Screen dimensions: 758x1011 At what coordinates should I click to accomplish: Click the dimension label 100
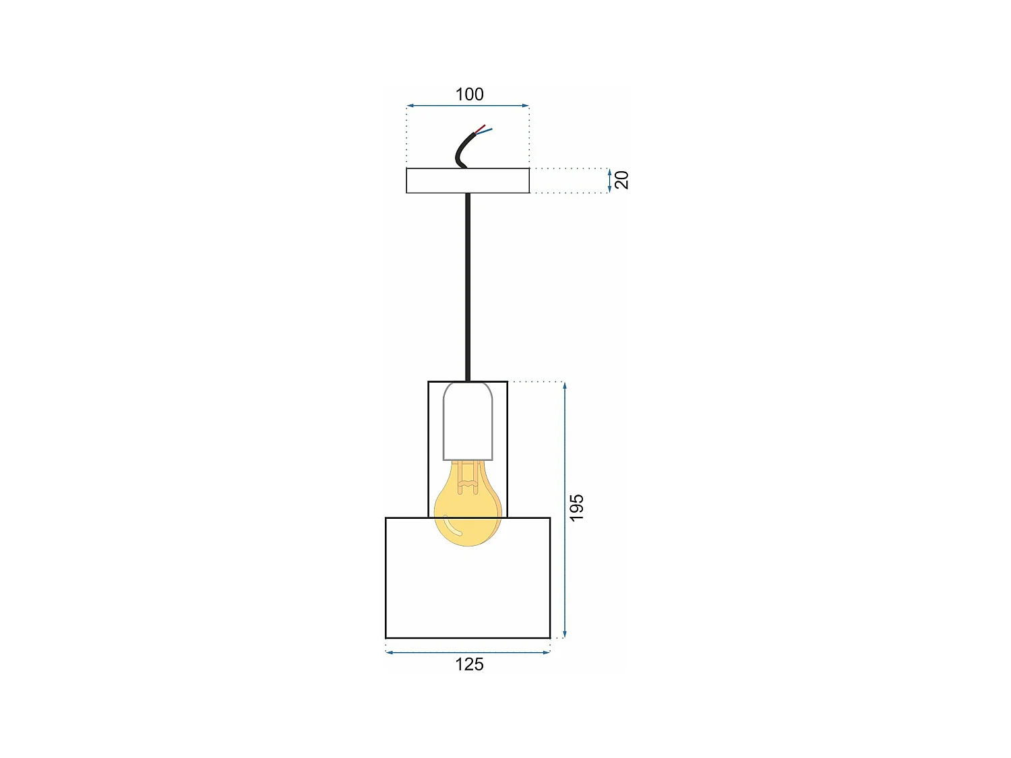(x=469, y=94)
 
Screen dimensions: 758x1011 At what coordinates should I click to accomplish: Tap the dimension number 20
(x=622, y=180)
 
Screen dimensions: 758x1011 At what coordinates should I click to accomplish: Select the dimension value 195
(x=576, y=507)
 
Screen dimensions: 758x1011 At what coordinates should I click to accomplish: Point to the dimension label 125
(x=469, y=664)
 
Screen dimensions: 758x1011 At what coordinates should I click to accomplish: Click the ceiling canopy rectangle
(x=468, y=181)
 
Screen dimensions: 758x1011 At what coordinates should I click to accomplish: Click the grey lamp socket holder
(x=467, y=421)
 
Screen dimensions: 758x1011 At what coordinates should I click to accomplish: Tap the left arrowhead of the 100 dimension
(x=410, y=106)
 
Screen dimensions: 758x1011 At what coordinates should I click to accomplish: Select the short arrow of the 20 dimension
(x=609, y=180)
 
